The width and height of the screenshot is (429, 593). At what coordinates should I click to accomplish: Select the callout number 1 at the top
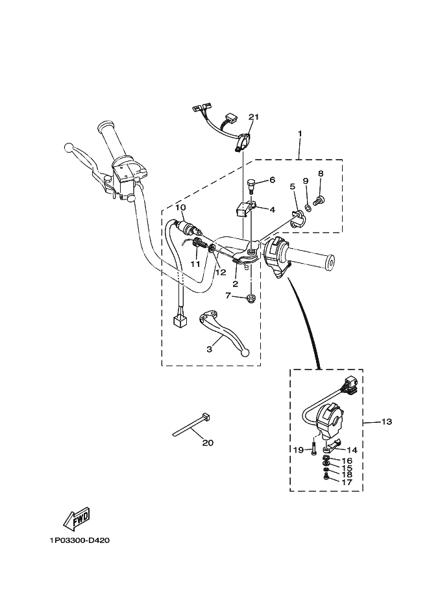299,133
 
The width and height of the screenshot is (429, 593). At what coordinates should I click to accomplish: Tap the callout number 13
386,422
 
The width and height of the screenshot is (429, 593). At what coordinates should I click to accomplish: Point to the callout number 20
208,444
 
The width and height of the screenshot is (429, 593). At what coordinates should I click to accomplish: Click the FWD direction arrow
76,518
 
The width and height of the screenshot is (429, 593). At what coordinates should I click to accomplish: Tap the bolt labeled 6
251,185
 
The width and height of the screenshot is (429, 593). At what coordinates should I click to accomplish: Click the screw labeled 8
319,200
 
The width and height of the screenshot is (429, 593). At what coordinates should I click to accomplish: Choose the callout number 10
180,207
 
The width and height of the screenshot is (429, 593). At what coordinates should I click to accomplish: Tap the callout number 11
195,264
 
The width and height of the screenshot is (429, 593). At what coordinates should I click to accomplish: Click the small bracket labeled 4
244,209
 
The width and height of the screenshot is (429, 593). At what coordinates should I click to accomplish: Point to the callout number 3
210,349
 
